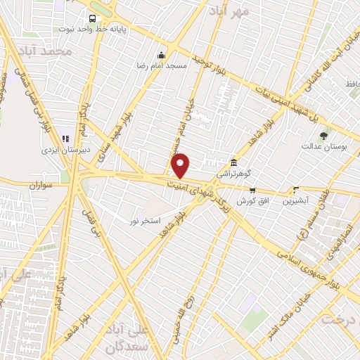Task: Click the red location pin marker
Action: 181,165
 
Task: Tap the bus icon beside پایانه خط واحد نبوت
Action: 91,19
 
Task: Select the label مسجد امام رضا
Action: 162,65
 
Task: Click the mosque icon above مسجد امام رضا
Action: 162,56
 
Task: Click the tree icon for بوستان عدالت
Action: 323,136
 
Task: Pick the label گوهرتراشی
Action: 233,172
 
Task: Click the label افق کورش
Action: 250,201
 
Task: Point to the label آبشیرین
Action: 295,200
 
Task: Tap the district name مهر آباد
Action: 226,11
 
